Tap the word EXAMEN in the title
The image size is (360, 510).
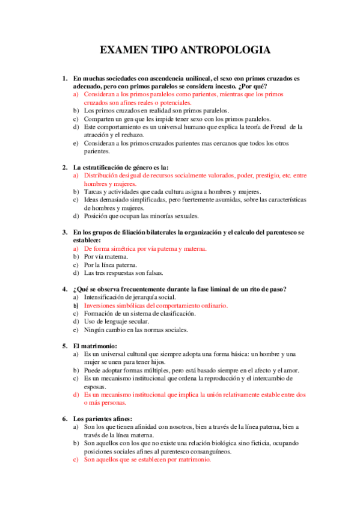click(x=123, y=51)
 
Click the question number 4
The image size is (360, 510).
click(x=64, y=289)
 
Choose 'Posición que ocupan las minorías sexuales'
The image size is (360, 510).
click(x=141, y=216)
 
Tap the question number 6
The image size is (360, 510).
click(x=64, y=419)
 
